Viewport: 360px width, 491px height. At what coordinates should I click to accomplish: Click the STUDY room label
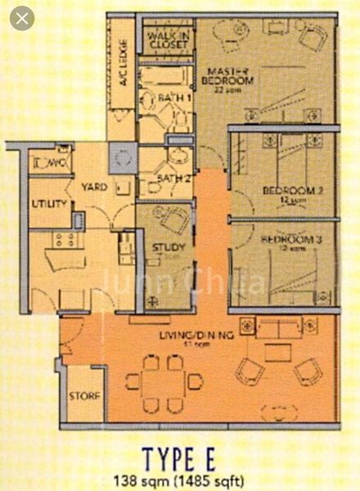[x=168, y=248]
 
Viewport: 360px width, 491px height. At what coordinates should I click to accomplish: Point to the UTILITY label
[x=49, y=202]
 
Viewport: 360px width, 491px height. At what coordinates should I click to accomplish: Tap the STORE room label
[x=84, y=397]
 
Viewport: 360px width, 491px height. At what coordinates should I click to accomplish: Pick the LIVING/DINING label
[x=196, y=336]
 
